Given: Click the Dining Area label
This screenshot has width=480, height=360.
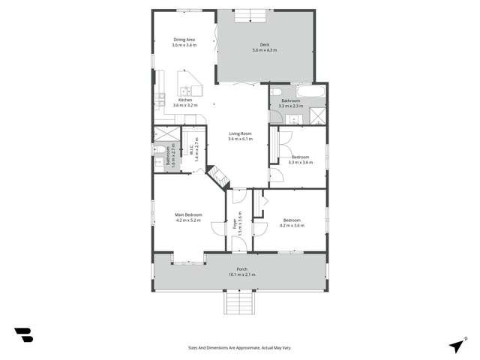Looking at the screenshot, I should tap(184, 40).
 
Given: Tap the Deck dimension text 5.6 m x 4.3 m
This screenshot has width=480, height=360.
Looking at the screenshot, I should tap(264, 50).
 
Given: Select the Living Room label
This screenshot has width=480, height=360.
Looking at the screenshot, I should tap(240, 134).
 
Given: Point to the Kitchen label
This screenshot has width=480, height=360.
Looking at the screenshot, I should tap(184, 100).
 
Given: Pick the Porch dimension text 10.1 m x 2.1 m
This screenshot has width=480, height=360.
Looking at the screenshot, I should tap(241, 274).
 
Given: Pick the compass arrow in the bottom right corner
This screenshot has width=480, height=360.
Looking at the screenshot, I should tap(457, 345).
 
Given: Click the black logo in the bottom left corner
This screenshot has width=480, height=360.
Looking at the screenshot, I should tap(23, 335).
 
